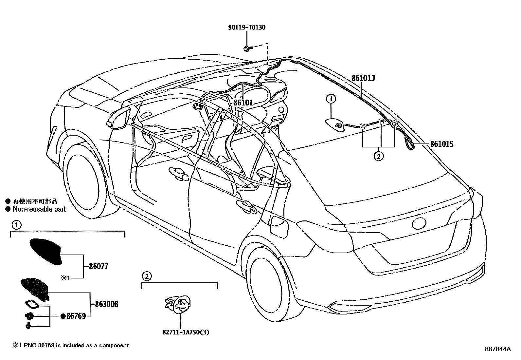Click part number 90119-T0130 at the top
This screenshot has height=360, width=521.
246,28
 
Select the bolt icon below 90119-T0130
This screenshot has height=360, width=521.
247,49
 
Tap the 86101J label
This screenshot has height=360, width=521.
363,79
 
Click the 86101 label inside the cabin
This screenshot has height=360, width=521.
243,103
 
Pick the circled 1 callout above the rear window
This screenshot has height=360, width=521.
331,98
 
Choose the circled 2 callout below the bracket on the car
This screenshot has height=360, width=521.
378,156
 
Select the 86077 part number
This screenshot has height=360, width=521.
99,266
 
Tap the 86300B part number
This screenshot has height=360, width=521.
106,304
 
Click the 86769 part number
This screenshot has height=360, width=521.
76,316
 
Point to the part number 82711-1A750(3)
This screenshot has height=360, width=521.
184,332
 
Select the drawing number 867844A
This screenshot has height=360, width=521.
498,349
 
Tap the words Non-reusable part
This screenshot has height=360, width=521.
39,209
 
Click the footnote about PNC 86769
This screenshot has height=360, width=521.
71,345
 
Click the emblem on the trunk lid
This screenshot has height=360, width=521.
420,224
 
